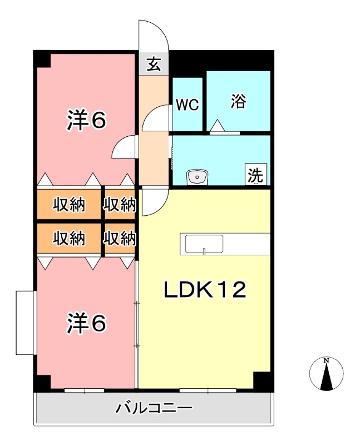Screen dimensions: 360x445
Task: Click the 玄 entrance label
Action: (x=154, y=64)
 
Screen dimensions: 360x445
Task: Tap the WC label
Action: (x=188, y=105)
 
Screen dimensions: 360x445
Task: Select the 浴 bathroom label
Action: (x=238, y=101)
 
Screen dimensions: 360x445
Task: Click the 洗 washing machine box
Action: (x=256, y=175)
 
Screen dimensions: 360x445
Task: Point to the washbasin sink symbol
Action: (x=197, y=177)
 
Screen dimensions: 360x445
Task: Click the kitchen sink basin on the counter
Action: (x=204, y=244)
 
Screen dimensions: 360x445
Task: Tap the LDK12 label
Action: (x=205, y=289)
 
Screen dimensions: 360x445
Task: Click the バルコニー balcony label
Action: (x=154, y=408)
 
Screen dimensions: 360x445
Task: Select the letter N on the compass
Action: (x=326, y=360)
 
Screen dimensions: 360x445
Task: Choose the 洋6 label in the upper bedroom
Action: (x=86, y=120)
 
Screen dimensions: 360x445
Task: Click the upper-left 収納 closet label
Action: (x=69, y=204)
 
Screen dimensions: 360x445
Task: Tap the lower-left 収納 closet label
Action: (x=69, y=238)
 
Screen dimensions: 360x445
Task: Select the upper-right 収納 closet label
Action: (x=120, y=204)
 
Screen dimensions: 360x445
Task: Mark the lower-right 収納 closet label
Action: (x=120, y=238)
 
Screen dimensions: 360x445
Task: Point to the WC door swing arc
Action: (x=150, y=112)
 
